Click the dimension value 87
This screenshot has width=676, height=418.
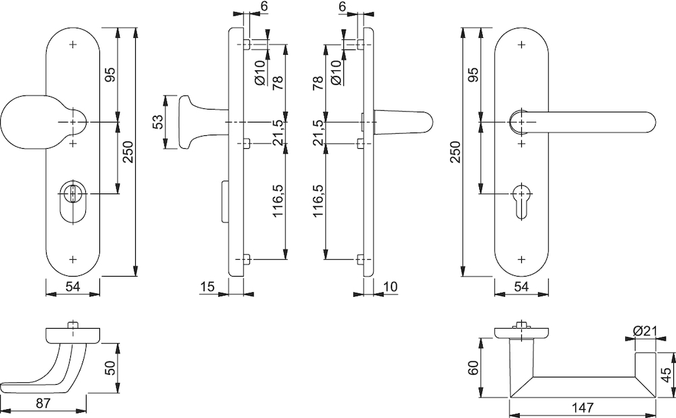click(43, 404)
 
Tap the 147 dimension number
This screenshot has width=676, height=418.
click(583, 407)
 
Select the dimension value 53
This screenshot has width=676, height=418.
click(158, 122)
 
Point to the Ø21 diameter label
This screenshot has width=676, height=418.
click(644, 331)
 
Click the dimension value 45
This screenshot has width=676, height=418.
click(667, 375)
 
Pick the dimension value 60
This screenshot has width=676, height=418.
click(473, 367)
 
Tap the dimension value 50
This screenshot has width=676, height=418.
click(110, 368)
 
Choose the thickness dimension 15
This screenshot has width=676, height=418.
click(208, 286)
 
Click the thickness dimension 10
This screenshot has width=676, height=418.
click(390, 286)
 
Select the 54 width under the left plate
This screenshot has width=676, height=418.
click(72, 286)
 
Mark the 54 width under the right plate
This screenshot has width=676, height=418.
click(521, 286)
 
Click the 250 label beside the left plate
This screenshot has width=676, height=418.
click(128, 152)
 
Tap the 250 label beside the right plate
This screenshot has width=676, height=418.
click(456, 152)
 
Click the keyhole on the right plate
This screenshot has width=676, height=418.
click(522, 201)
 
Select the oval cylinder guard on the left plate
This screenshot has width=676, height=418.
click(72, 203)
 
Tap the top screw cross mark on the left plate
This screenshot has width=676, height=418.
click(72, 45)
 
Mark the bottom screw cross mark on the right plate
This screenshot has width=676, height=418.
click(522, 259)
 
